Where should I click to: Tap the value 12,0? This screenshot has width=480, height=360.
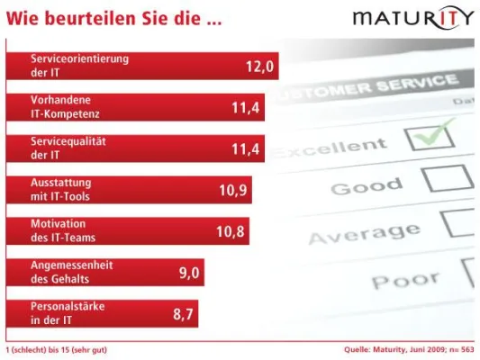(x=258, y=66)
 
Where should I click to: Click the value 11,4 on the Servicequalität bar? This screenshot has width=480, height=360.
(x=245, y=149)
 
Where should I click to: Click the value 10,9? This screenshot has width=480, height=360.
(x=232, y=190)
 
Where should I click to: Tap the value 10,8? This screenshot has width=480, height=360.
(x=230, y=231)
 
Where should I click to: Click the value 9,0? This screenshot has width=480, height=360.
(x=186, y=273)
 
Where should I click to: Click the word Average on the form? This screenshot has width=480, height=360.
(x=359, y=234)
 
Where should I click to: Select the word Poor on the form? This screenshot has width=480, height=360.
(x=406, y=280)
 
